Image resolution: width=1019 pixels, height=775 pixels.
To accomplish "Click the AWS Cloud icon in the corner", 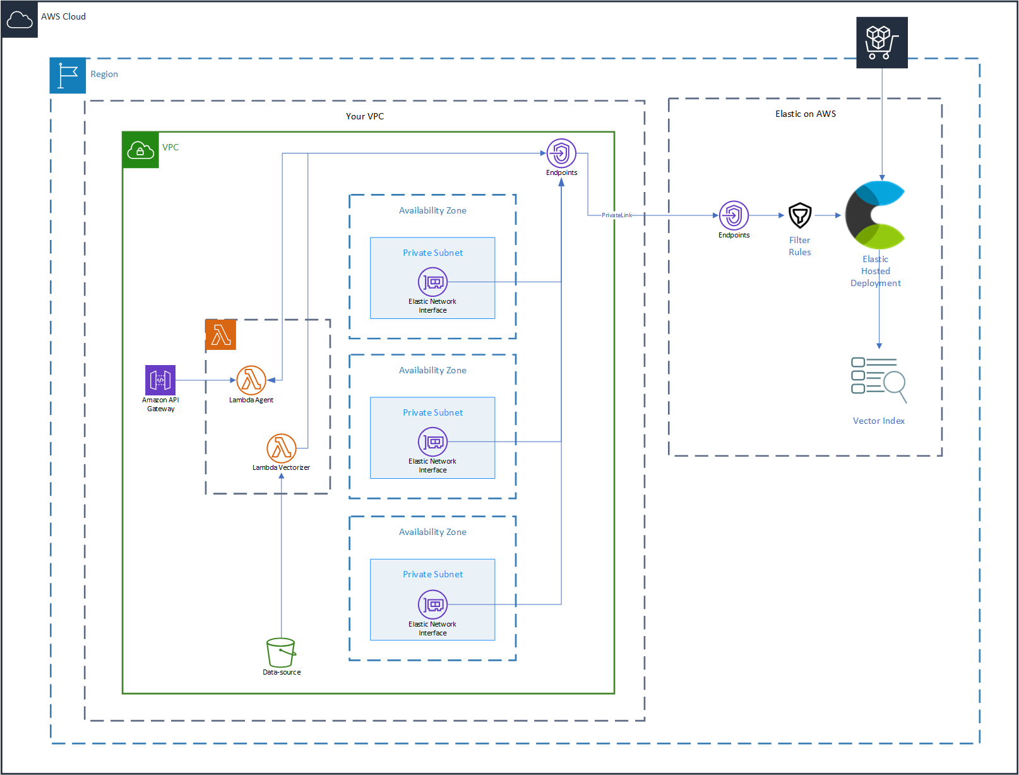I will pyautogui.click(x=20, y=20).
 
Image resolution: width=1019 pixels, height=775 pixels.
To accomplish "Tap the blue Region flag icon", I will pyautogui.click(x=68, y=76).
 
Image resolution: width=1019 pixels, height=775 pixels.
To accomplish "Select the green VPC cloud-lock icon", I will pyautogui.click(x=140, y=150).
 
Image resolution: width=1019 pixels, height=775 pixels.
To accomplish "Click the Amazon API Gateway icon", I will pyautogui.click(x=160, y=380).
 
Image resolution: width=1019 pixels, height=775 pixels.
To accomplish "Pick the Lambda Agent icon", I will pyautogui.click(x=251, y=380).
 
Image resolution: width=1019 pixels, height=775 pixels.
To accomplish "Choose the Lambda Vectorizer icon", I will pyautogui.click(x=282, y=448).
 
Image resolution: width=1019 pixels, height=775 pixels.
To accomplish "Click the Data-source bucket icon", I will pyautogui.click(x=281, y=652).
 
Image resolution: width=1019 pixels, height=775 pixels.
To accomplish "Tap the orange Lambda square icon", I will pyautogui.click(x=221, y=334).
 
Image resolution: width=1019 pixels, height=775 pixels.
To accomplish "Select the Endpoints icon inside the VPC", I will pyautogui.click(x=561, y=153).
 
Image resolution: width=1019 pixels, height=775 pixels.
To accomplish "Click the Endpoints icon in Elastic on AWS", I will pyautogui.click(x=734, y=216).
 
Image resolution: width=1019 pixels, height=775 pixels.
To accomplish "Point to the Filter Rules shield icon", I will pyautogui.click(x=800, y=216).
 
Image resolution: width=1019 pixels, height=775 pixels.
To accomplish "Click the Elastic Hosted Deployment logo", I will pyautogui.click(x=876, y=215).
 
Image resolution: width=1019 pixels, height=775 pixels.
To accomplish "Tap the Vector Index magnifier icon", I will pyautogui.click(x=879, y=380).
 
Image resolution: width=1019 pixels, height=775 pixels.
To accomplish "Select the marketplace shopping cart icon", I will pyautogui.click(x=882, y=42).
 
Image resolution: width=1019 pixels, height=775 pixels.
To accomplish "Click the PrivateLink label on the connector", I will pyautogui.click(x=617, y=215).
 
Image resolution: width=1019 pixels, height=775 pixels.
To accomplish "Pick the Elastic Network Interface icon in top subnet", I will pyautogui.click(x=432, y=282).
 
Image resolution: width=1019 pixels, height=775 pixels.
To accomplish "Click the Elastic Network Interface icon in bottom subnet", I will pyautogui.click(x=432, y=605).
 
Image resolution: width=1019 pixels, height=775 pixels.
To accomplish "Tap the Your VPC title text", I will pyautogui.click(x=365, y=116).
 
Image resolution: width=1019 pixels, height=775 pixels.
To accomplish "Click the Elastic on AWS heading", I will pyautogui.click(x=806, y=114).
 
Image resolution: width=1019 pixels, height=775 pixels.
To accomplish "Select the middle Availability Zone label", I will pyautogui.click(x=432, y=370).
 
